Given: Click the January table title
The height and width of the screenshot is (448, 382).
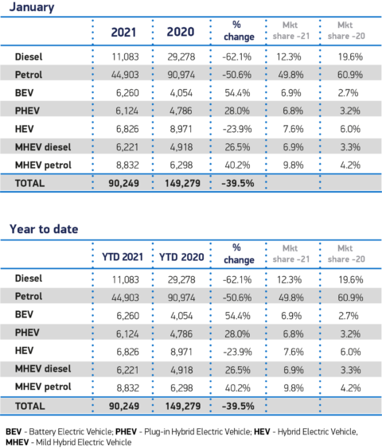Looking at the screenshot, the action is tap(32, 7).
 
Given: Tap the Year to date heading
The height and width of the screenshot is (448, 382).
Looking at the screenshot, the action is tap(44, 229).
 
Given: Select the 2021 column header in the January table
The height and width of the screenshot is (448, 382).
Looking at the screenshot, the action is tap(123, 32).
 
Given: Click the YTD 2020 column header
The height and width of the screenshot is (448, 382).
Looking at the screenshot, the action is tap(181, 257).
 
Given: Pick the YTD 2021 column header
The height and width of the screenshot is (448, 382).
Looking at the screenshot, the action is tap(123, 257).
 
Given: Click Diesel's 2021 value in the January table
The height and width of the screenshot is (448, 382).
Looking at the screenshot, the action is tap(126, 56).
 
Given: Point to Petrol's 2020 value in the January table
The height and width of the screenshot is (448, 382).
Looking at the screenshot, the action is tap(181, 75).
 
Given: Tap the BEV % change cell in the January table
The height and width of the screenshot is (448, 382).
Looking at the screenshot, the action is tap(237, 93).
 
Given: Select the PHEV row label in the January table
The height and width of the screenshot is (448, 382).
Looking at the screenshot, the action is tap(27, 111).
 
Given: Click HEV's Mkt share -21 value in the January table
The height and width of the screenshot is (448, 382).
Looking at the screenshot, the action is tap(293, 129).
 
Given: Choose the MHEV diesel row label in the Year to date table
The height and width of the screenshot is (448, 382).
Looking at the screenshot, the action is tap(43, 368).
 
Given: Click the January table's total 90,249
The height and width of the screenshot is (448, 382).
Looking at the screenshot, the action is tap(123, 183).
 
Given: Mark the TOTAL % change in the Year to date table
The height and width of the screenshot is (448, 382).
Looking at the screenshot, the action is tap(238, 406).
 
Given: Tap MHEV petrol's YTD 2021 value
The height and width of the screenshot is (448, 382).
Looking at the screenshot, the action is tap(127, 388).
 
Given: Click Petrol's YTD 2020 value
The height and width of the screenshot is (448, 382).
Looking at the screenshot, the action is tap(181, 298).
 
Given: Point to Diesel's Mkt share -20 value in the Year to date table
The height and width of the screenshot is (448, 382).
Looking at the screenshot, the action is tap(351, 279).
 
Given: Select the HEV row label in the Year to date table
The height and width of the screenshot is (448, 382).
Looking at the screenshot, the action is tap(25, 350).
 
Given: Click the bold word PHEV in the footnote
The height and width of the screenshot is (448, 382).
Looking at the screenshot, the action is tap(126, 431).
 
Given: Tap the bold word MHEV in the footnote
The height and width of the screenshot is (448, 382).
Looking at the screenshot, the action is tap(18, 442).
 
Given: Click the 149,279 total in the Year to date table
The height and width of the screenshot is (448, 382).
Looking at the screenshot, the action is tap(183, 406).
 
